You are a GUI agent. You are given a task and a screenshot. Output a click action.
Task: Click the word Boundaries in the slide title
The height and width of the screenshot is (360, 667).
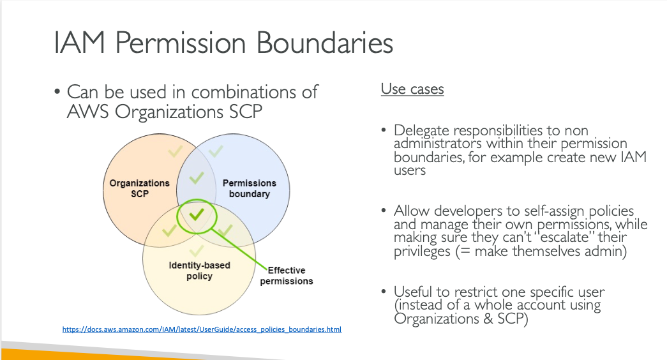325,43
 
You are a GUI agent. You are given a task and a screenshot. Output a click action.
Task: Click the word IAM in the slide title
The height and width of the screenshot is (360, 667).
80,43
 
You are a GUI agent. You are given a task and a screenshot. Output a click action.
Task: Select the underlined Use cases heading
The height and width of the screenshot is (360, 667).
412,89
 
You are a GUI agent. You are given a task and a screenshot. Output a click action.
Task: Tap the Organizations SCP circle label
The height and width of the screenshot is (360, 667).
140,188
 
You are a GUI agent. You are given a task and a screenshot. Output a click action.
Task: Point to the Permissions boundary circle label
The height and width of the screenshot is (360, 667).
250,188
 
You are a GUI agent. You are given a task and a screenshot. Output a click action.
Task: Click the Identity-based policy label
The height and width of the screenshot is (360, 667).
200,271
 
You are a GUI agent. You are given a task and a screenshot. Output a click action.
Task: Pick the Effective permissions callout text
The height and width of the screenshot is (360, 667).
287,276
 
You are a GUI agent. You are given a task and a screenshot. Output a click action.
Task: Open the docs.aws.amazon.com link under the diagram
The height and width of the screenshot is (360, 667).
202,329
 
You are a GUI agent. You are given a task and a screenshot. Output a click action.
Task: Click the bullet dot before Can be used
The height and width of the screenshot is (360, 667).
57,92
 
